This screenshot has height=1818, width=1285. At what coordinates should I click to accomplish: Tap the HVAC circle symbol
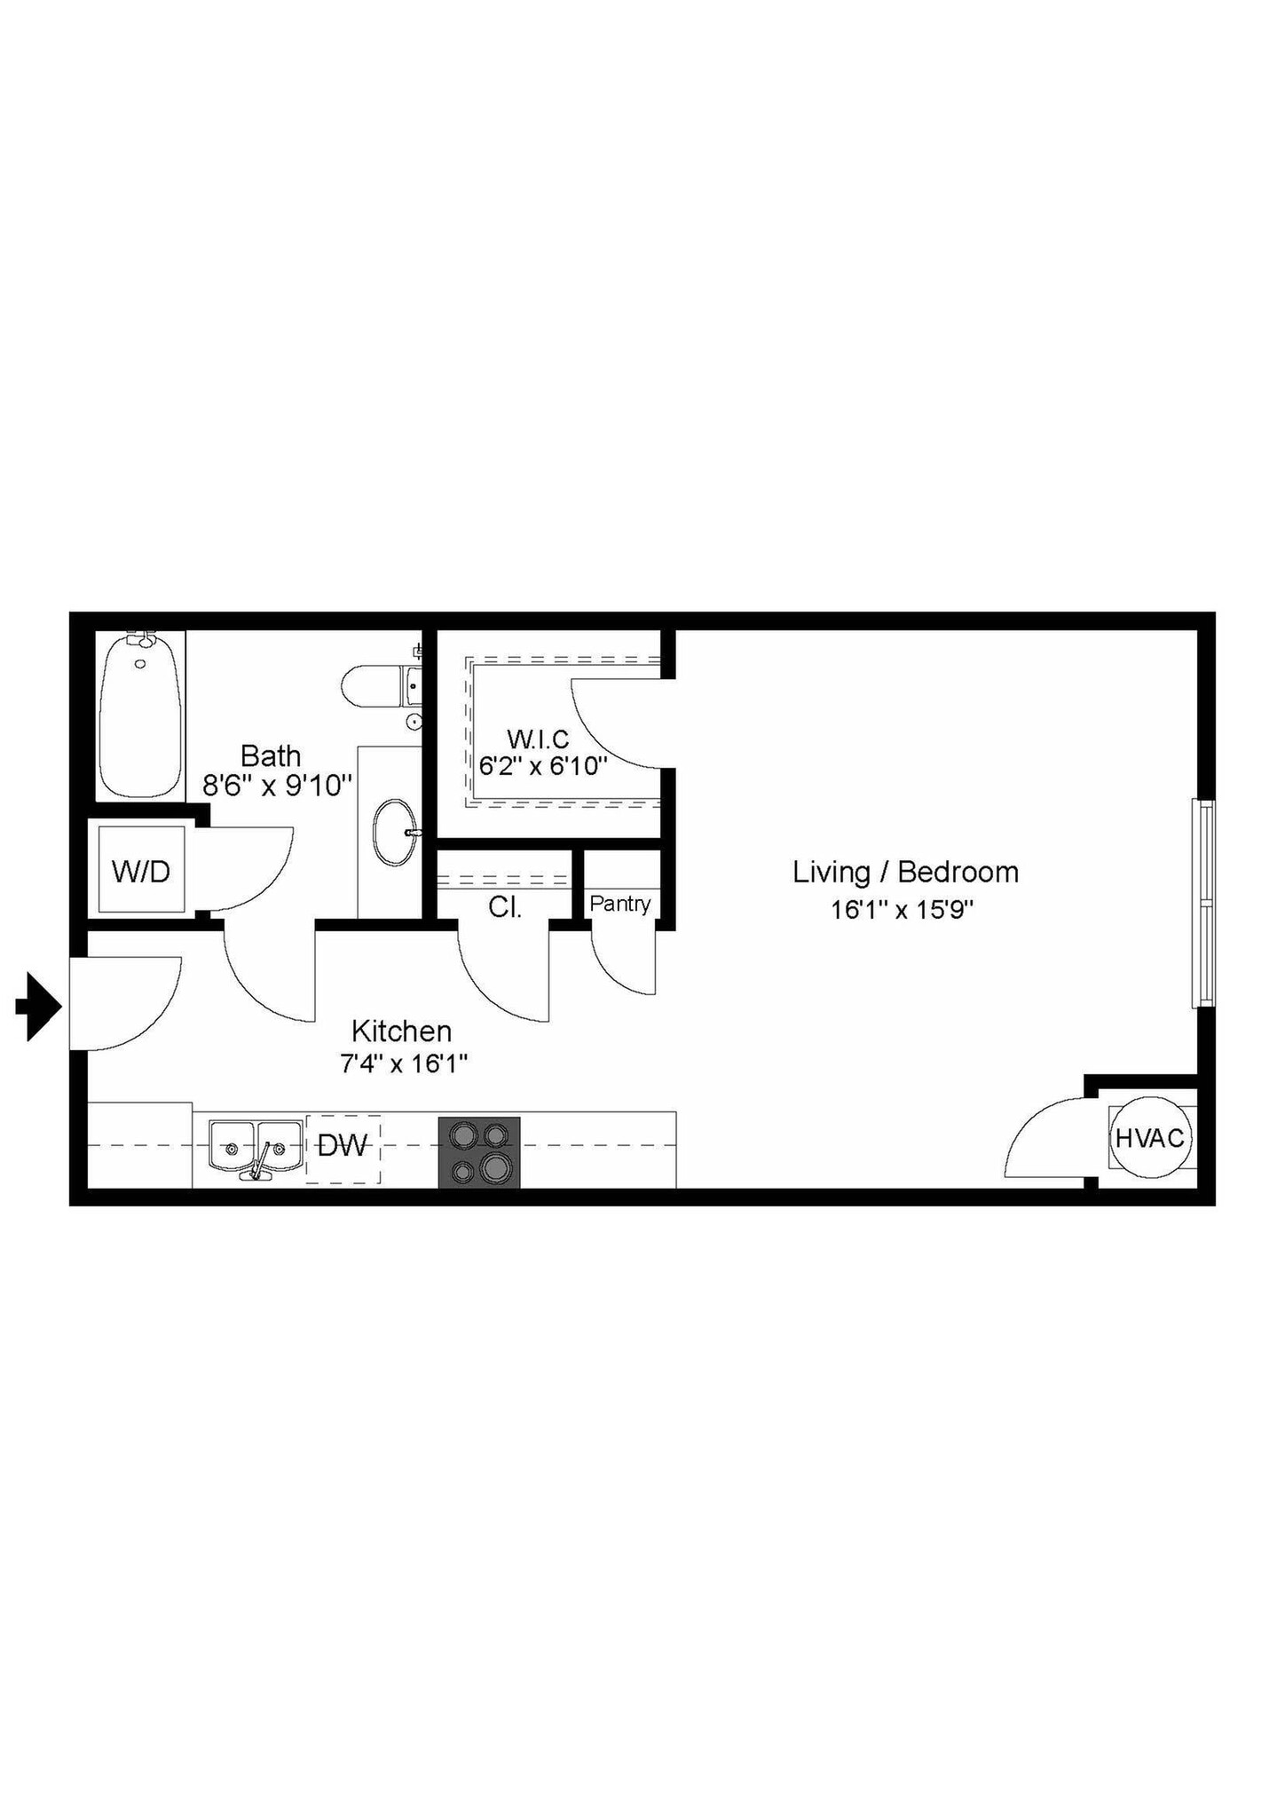click(x=1149, y=1138)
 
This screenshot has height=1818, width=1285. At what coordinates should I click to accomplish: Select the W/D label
click(x=141, y=872)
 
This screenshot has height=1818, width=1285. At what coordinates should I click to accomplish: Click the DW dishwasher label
click(x=343, y=1146)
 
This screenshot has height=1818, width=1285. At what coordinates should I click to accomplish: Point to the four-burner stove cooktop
click(x=479, y=1152)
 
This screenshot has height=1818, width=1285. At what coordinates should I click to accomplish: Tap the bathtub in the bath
click(x=138, y=715)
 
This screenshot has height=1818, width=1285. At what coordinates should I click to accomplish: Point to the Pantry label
click(x=620, y=904)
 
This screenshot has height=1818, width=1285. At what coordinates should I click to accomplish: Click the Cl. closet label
click(x=505, y=907)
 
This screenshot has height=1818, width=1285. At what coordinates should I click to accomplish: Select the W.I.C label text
click(x=538, y=738)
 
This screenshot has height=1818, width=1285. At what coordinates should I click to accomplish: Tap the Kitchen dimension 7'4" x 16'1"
click(x=404, y=1063)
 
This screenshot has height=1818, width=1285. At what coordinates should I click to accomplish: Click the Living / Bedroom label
click(x=905, y=872)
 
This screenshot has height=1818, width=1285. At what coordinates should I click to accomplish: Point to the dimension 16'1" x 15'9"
click(x=903, y=910)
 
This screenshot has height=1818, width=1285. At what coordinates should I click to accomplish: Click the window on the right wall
click(x=1203, y=903)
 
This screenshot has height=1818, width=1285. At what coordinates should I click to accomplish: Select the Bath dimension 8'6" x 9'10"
click(x=278, y=786)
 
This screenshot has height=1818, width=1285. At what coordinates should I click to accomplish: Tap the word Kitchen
click(x=402, y=1031)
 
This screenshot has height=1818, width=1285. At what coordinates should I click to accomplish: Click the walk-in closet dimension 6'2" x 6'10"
click(x=543, y=765)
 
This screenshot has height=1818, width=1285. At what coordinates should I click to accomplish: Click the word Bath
click(x=271, y=755)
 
